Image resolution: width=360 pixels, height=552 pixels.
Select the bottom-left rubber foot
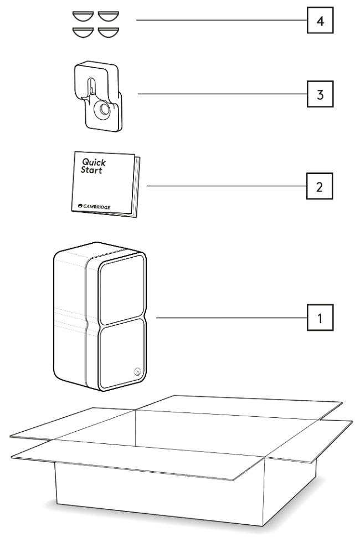pos(84,32)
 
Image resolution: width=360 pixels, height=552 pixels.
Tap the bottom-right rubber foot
pos(109,32)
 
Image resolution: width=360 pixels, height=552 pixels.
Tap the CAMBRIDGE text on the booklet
pos(97,206)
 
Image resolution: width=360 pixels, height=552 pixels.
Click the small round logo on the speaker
pos(136,372)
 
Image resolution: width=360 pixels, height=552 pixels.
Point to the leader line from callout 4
pos(222,21)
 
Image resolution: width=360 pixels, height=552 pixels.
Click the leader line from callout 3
pos(222,94)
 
